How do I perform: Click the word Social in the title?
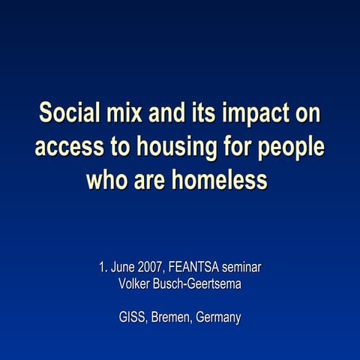(69, 113)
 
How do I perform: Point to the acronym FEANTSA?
(197, 266)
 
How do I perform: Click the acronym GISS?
(132, 317)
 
